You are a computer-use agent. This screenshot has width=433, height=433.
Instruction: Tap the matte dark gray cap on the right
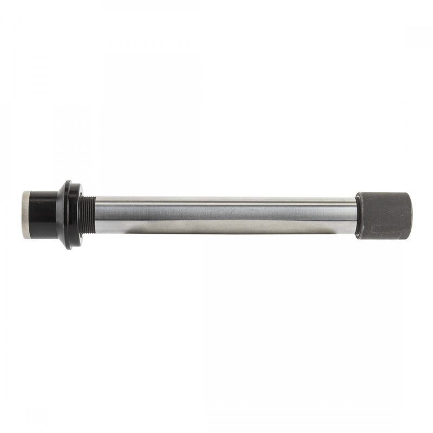click(x=383, y=215)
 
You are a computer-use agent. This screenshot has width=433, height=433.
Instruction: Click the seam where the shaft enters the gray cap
click(x=357, y=215)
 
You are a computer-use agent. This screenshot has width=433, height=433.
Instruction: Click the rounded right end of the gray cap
click(x=411, y=215)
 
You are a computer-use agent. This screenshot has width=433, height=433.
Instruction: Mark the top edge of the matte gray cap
click(x=383, y=193)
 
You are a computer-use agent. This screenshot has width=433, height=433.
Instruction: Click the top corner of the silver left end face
click(x=25, y=192)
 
